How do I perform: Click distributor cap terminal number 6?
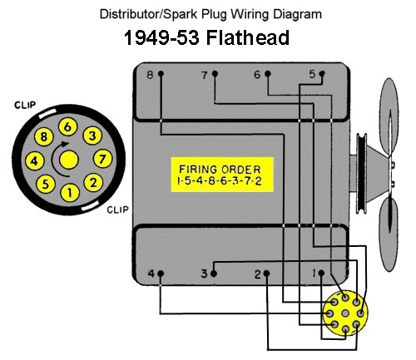(x=67, y=126)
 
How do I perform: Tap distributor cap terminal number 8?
(x=44, y=137)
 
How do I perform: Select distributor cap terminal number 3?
(x=92, y=136)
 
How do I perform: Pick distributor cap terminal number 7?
(x=103, y=159)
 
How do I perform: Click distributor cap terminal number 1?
(x=70, y=192)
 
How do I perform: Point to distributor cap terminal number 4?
(x=34, y=160)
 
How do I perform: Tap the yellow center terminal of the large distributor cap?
(x=69, y=160)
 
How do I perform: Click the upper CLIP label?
(x=25, y=105)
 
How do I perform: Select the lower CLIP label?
(x=117, y=210)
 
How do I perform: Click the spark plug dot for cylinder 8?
(x=161, y=74)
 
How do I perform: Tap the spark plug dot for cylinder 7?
(x=215, y=74)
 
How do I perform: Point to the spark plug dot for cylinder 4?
(x=161, y=274)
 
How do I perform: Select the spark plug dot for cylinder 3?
(x=214, y=274)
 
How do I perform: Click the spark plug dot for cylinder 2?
(x=266, y=274)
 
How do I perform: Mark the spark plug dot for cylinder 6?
(x=268, y=74)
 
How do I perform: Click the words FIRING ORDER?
(x=220, y=169)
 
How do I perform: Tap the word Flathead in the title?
(x=248, y=37)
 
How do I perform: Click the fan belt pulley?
(x=361, y=173)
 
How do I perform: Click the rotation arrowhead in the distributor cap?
(x=65, y=144)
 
